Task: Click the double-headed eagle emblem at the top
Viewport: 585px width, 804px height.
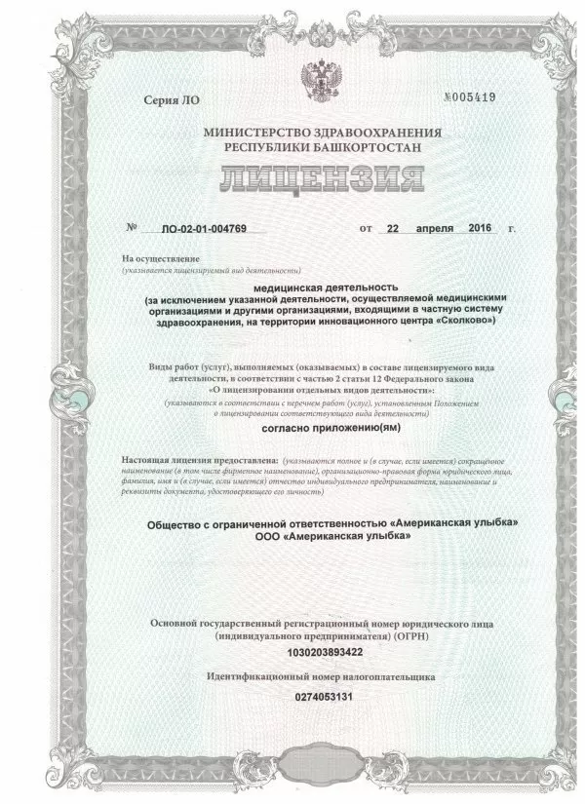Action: [321, 79]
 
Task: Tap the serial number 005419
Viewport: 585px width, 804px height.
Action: [473, 97]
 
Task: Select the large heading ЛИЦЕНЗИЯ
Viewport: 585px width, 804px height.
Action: [321, 180]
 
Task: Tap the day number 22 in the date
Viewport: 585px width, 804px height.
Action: [393, 229]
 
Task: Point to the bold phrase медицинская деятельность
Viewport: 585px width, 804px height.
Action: [321, 288]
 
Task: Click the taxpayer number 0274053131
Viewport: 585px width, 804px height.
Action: [321, 697]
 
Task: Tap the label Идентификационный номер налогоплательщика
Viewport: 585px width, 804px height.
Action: [321, 675]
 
